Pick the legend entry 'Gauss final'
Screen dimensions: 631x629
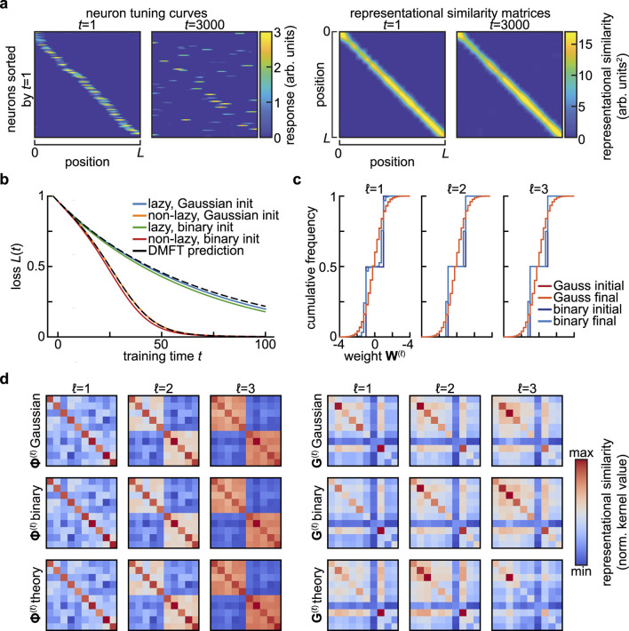[574, 280]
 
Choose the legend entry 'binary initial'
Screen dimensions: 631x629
[578, 292]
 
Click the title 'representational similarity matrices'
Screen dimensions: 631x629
[450, 9]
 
